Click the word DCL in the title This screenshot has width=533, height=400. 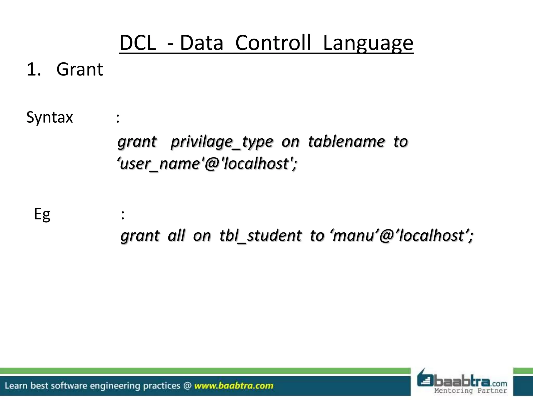137,43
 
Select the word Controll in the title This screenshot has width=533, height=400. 273,43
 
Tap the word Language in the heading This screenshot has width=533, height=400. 368,43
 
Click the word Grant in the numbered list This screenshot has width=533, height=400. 80,70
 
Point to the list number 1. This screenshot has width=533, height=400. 34,70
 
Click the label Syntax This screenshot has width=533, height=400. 49,117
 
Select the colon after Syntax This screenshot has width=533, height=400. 118,118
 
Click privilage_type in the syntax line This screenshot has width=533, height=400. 222,142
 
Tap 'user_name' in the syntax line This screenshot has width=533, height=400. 159,164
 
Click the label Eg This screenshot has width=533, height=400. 42,215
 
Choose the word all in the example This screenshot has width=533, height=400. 176,235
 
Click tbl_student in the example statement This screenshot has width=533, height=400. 261,235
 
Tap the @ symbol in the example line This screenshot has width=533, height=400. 386,236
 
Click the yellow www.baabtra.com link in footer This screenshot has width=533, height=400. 234,386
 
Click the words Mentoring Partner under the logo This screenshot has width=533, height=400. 471,391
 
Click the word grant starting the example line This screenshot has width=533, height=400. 140,236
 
